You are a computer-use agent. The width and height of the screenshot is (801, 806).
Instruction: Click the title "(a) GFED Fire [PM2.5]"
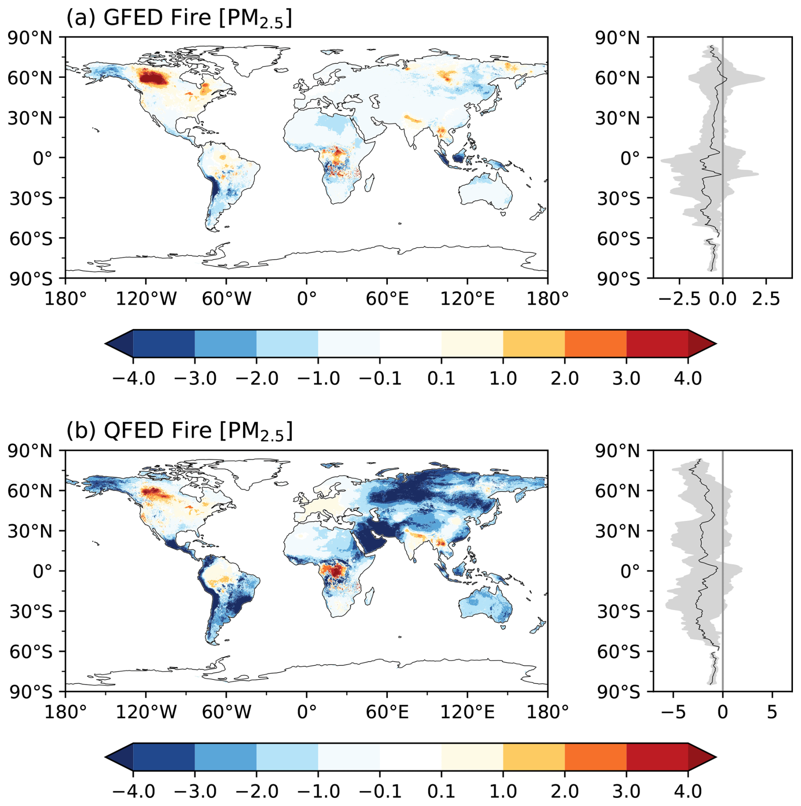pos(179,19)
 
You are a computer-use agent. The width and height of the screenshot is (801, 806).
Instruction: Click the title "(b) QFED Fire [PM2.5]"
pos(179,431)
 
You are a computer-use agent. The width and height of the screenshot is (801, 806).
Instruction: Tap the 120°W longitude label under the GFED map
pos(146,299)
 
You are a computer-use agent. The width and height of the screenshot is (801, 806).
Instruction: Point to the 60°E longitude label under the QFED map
pos(387,712)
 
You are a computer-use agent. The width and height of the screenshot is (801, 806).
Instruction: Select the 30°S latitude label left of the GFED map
pos(31,198)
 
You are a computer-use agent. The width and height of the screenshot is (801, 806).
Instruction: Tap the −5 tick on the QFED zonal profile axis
pos(673,712)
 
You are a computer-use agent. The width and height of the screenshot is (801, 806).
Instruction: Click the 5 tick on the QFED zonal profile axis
pos(772,712)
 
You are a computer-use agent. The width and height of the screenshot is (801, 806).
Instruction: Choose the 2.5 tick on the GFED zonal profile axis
pos(766,299)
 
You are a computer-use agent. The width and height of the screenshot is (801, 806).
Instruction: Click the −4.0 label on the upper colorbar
pos(133,378)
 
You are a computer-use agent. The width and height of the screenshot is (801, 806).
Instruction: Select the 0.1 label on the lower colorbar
pos(441,791)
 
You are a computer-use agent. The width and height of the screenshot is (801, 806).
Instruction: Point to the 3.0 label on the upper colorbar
pos(626,378)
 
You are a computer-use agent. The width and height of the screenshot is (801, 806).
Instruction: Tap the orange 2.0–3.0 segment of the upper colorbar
pos(595,344)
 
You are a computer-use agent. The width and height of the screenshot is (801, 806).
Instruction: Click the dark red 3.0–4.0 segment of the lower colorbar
pos(657,756)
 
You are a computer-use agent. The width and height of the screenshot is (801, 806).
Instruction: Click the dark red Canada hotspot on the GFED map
pos(153,79)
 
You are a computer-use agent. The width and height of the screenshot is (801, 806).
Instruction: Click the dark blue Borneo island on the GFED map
pos(459,158)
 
